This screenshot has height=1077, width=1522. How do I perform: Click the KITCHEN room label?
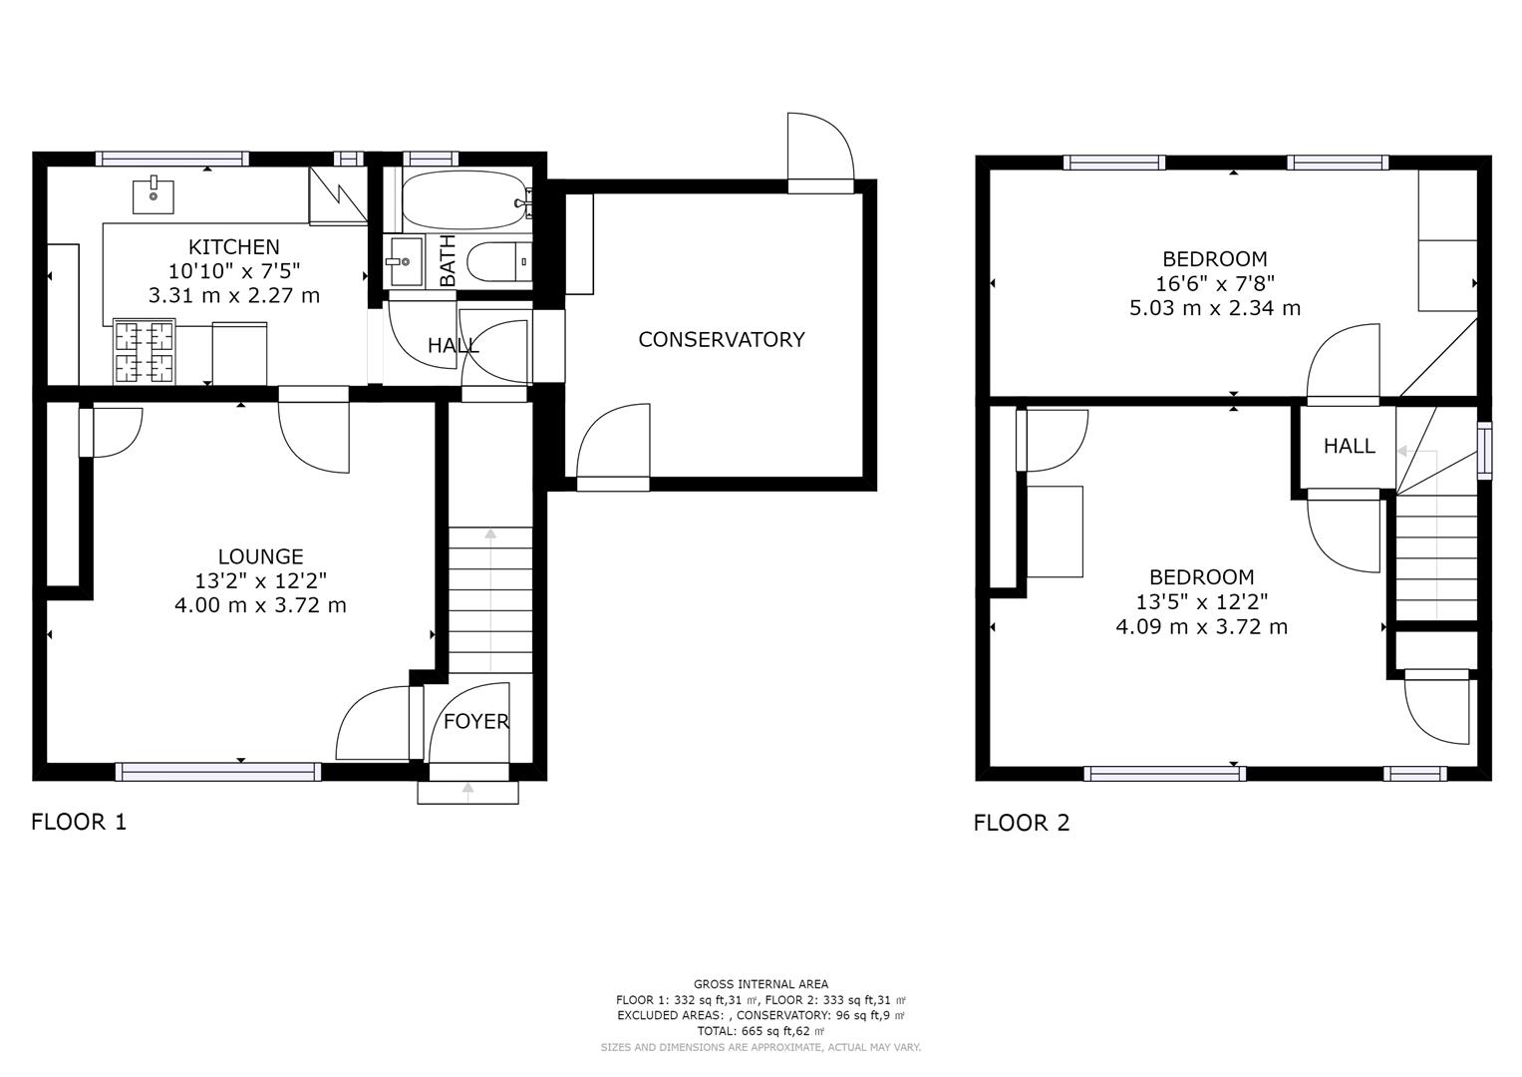pos(234,247)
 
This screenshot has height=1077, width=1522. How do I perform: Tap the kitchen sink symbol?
pos(152,194)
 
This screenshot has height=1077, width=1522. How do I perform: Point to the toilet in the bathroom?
pos(498,261)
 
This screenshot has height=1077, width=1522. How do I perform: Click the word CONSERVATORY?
pos(722,339)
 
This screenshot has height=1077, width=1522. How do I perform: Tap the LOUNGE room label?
pos(260,556)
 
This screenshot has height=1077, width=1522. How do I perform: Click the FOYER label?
pos(475,721)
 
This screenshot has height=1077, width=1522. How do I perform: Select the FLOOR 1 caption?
pos(79,822)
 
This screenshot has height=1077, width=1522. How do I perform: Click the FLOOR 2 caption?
pos(1022,823)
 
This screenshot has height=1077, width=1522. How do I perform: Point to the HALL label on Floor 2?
pos(1349,446)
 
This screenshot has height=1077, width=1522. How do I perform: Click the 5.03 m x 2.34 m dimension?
pos(1215,308)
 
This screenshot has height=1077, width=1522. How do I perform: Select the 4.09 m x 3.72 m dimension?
pos(1201,626)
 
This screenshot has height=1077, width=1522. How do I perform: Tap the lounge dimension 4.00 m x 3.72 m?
pos(260,604)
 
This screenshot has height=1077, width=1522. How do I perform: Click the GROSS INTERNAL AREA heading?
pos(761,984)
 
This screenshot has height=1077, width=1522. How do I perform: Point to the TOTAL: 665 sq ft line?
pos(761,1031)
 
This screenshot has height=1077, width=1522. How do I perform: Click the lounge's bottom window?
pos(218,771)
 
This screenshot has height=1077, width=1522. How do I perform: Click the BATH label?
pos(448,260)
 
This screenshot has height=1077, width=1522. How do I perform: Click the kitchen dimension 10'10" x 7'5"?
pos(234,271)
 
